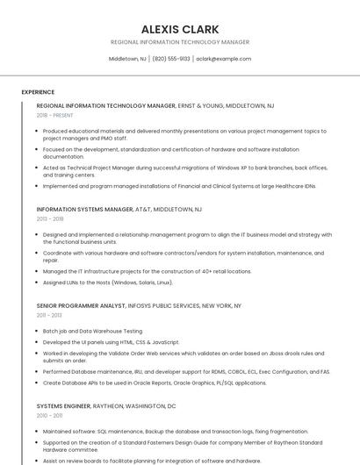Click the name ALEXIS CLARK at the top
180,29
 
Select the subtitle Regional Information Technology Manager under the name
180,42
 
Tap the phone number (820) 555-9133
171,59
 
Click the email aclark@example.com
224,59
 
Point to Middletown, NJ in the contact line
127,59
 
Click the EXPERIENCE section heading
38,92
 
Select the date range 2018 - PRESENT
55,115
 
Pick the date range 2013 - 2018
50,219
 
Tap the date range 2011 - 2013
49,315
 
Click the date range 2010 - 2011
49,416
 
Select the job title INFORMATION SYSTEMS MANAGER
84,210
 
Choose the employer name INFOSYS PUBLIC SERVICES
167,305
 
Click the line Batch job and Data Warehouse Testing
92,331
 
